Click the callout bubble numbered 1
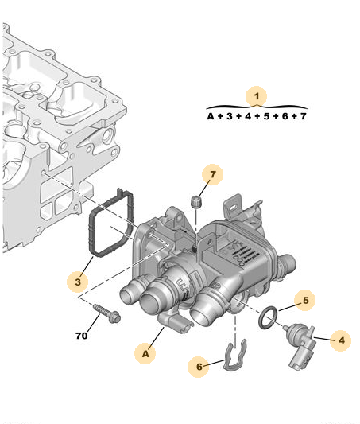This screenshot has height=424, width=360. [x=256, y=96]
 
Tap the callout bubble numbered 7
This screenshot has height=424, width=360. [x=212, y=174]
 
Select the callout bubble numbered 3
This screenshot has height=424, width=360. [x=78, y=282]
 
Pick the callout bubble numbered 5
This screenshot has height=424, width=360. [x=306, y=300]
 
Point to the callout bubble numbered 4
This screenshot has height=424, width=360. [x=341, y=340]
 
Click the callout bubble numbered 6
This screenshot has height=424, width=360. [x=199, y=367]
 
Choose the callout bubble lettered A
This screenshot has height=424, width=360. [x=145, y=354]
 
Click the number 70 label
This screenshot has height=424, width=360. [x=82, y=336]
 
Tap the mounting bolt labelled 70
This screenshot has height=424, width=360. [x=106, y=313]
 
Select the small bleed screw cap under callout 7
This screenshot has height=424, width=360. [x=195, y=202]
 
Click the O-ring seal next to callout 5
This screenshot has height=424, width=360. [x=268, y=318]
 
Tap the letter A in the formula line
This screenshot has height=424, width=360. [x=211, y=116]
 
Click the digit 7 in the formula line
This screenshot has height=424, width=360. [x=304, y=116]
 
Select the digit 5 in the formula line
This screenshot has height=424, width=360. [x=266, y=116]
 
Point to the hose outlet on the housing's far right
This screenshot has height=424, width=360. [x=287, y=263]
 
